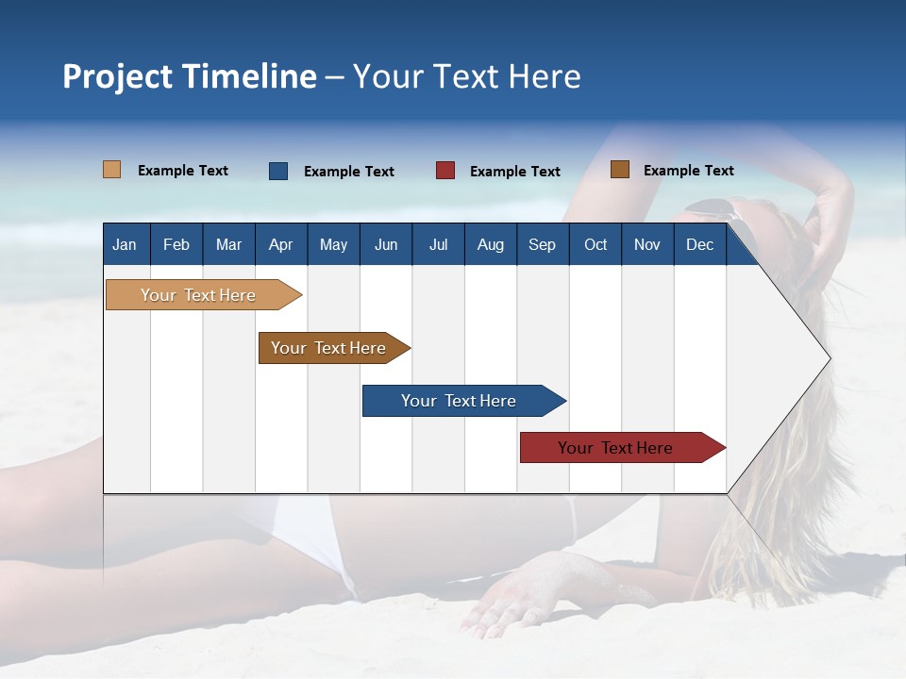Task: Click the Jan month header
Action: tap(125, 244)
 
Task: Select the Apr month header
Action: tap(280, 244)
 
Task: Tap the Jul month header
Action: tap(438, 244)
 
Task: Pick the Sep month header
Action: tap(542, 244)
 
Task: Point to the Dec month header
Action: tap(699, 244)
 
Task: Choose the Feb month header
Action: tap(176, 244)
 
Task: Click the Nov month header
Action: tap(646, 244)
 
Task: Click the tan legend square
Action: tap(111, 170)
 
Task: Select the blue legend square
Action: tap(278, 171)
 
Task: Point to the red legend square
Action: tap(445, 171)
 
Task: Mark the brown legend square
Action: tap(620, 170)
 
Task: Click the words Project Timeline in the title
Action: tap(190, 76)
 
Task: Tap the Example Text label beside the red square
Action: tap(515, 172)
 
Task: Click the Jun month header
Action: tap(386, 244)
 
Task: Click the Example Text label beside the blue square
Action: tap(349, 172)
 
